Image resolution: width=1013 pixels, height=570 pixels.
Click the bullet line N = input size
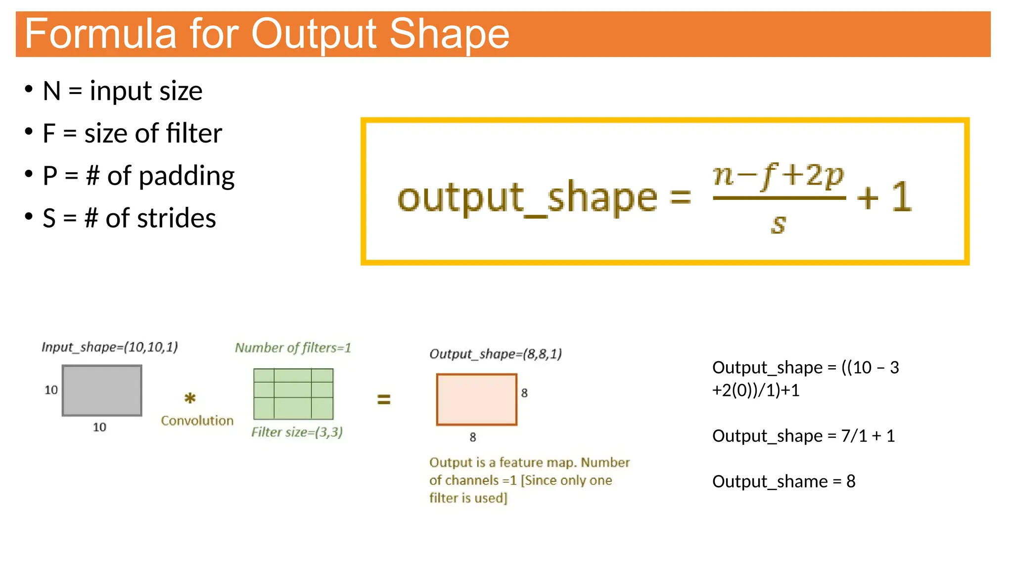(122, 91)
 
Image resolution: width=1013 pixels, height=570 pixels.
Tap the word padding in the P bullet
(186, 177)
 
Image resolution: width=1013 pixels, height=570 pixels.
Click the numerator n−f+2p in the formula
(778, 175)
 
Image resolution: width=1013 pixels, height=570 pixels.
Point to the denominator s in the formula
(778, 224)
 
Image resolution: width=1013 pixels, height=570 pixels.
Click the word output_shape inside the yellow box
(527, 198)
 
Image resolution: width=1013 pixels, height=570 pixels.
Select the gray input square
(102, 390)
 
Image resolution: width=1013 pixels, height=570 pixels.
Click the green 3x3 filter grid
(293, 394)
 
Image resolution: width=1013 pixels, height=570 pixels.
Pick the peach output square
(476, 399)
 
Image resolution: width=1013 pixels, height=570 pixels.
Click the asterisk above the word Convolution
(190, 398)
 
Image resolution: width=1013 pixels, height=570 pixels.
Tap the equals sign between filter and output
(384, 399)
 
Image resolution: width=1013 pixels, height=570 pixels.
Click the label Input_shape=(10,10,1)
(109, 347)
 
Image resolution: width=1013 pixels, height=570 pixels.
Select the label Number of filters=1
(293, 348)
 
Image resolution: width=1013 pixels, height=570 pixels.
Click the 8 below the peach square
(473, 437)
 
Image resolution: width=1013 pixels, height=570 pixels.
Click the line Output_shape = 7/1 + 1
(803, 436)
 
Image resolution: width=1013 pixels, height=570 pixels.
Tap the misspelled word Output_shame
(769, 481)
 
